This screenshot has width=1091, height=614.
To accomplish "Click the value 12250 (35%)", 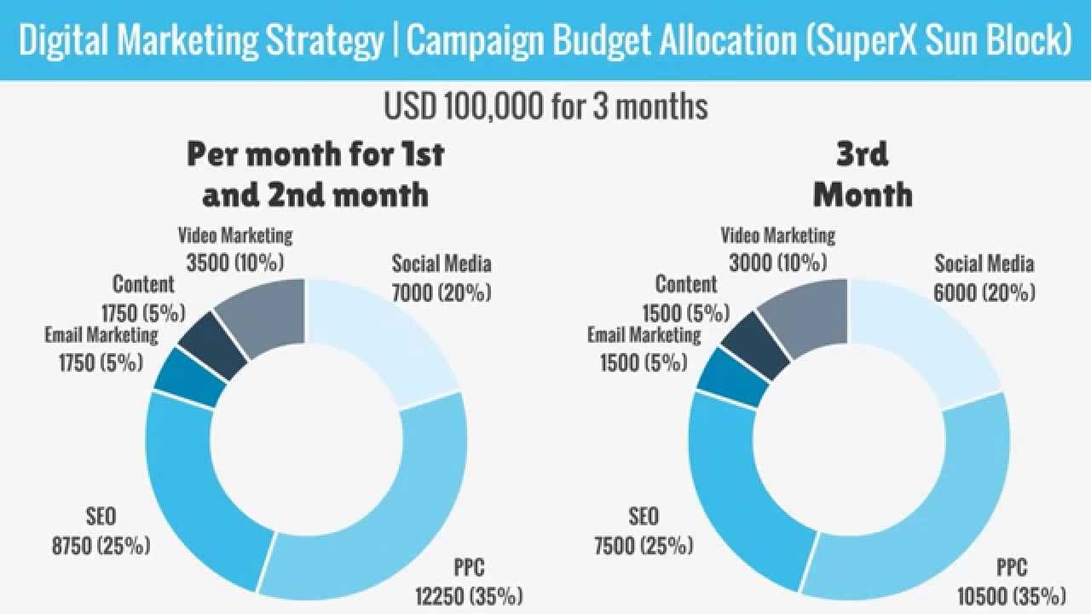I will pos(468,594).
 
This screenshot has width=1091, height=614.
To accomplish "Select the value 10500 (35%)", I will pos(1011,594).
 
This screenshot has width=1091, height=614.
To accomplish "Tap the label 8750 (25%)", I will pos(101,544).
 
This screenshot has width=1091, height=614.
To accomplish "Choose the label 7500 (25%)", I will pos(644,544).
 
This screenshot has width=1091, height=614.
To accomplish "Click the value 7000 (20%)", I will pos(442,293).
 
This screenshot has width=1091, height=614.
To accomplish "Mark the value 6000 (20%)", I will pos(984,293).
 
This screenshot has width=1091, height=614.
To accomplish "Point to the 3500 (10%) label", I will pos(235,261).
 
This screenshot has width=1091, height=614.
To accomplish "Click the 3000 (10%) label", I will pos(778,261).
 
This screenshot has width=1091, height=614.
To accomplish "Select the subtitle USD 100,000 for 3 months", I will pos(545,107).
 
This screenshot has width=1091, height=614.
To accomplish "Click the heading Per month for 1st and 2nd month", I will pos(315,174).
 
